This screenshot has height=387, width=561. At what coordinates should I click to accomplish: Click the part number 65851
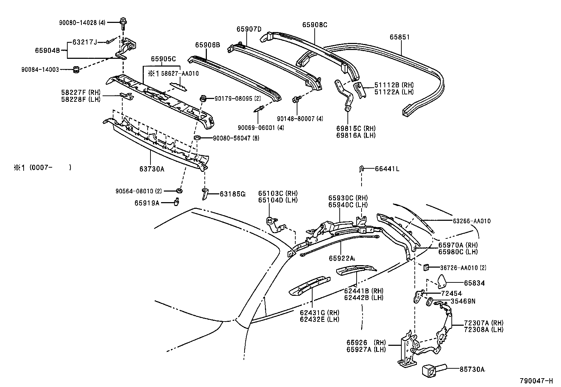pyautogui.click(x=400, y=37)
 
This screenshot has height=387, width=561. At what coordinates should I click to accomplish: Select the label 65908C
pyautogui.click(x=314, y=25)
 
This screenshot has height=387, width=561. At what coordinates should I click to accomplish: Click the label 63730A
pyautogui.click(x=152, y=169)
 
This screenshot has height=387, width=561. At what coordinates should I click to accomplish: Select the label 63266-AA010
pyautogui.click(x=471, y=221)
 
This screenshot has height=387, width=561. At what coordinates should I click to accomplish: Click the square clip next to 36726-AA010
pyautogui.click(x=426, y=268)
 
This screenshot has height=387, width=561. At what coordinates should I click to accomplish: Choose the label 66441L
pyautogui.click(x=387, y=169)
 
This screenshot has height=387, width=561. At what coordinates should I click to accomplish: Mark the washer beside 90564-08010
pyautogui.click(x=179, y=191)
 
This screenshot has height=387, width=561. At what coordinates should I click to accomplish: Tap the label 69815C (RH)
pyautogui.click(x=356, y=128)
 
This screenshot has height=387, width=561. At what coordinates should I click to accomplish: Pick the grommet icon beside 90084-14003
pyautogui.click(x=75, y=70)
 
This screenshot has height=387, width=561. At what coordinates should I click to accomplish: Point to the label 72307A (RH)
pyautogui.click(x=483, y=323)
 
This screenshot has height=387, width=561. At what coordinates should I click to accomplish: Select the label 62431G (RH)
pyautogui.click(x=320, y=313)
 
